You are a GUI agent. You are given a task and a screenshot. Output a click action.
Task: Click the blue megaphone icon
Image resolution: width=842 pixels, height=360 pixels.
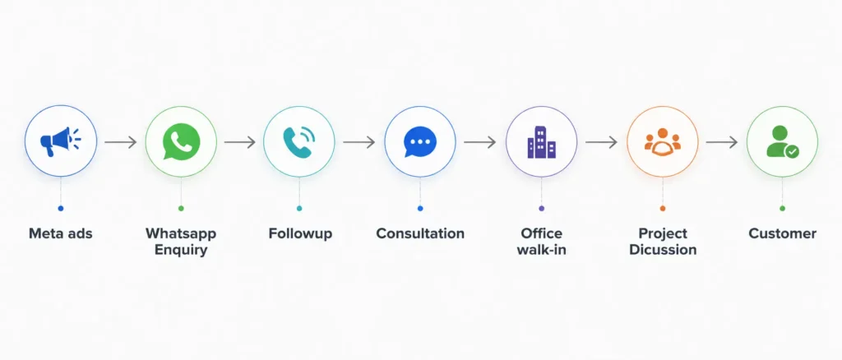60,141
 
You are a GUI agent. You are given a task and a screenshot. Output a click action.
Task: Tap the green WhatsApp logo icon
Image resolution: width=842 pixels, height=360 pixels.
182,141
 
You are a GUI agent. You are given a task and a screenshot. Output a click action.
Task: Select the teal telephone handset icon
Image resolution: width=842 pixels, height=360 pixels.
299,141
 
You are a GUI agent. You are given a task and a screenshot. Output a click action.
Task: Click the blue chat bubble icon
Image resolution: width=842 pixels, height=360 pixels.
420,141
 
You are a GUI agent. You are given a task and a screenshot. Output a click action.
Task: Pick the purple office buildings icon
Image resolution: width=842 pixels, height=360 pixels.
541,142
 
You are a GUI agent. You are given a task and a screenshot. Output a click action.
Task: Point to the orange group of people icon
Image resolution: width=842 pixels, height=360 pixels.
663,141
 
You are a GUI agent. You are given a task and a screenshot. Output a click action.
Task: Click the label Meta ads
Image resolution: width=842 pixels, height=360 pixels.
61,234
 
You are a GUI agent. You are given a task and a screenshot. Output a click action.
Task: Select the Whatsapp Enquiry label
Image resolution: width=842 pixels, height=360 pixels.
181,242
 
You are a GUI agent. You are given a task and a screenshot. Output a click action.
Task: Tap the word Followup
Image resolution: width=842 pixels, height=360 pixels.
300,234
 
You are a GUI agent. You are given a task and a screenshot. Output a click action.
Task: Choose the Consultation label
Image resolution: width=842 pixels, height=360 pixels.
420,234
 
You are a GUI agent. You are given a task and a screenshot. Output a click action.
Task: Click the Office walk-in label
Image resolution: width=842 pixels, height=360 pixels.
541,242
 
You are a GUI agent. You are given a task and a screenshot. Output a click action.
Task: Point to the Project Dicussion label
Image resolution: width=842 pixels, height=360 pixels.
663,242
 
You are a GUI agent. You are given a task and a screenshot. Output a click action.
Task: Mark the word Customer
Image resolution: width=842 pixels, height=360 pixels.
783,234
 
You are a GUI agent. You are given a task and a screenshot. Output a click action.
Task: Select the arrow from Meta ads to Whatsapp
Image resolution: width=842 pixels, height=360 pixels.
121,142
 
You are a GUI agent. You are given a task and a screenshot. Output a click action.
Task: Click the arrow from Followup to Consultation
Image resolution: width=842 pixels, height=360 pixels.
359,142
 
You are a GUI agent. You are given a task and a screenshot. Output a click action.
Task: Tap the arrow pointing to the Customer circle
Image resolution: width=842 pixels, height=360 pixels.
722,142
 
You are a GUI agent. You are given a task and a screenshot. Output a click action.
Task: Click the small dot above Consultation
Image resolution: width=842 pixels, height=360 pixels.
420,208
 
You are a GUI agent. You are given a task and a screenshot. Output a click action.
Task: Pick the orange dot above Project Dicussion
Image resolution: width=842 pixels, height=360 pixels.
663,208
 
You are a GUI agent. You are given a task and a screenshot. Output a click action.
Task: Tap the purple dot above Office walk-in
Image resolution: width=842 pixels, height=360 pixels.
541,208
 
